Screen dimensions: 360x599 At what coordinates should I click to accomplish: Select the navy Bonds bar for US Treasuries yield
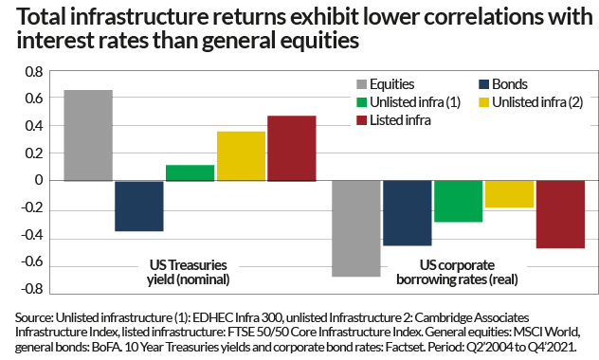click(139, 206)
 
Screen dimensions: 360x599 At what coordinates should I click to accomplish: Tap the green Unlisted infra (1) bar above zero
click(191, 172)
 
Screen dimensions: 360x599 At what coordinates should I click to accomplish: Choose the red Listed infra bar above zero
click(292, 148)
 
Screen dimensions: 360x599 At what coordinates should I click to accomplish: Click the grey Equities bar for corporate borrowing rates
click(356, 228)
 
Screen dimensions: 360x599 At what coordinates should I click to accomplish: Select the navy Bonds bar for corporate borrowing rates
click(408, 213)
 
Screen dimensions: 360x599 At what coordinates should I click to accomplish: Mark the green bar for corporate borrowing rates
click(459, 201)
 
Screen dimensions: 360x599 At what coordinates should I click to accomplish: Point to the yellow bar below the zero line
click(509, 194)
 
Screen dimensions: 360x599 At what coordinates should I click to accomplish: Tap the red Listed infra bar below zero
click(560, 214)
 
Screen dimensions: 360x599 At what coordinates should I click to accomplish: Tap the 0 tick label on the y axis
click(40, 180)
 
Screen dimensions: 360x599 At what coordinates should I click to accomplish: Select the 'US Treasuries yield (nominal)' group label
click(190, 273)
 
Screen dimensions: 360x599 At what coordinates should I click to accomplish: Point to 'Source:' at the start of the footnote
click(36, 315)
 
